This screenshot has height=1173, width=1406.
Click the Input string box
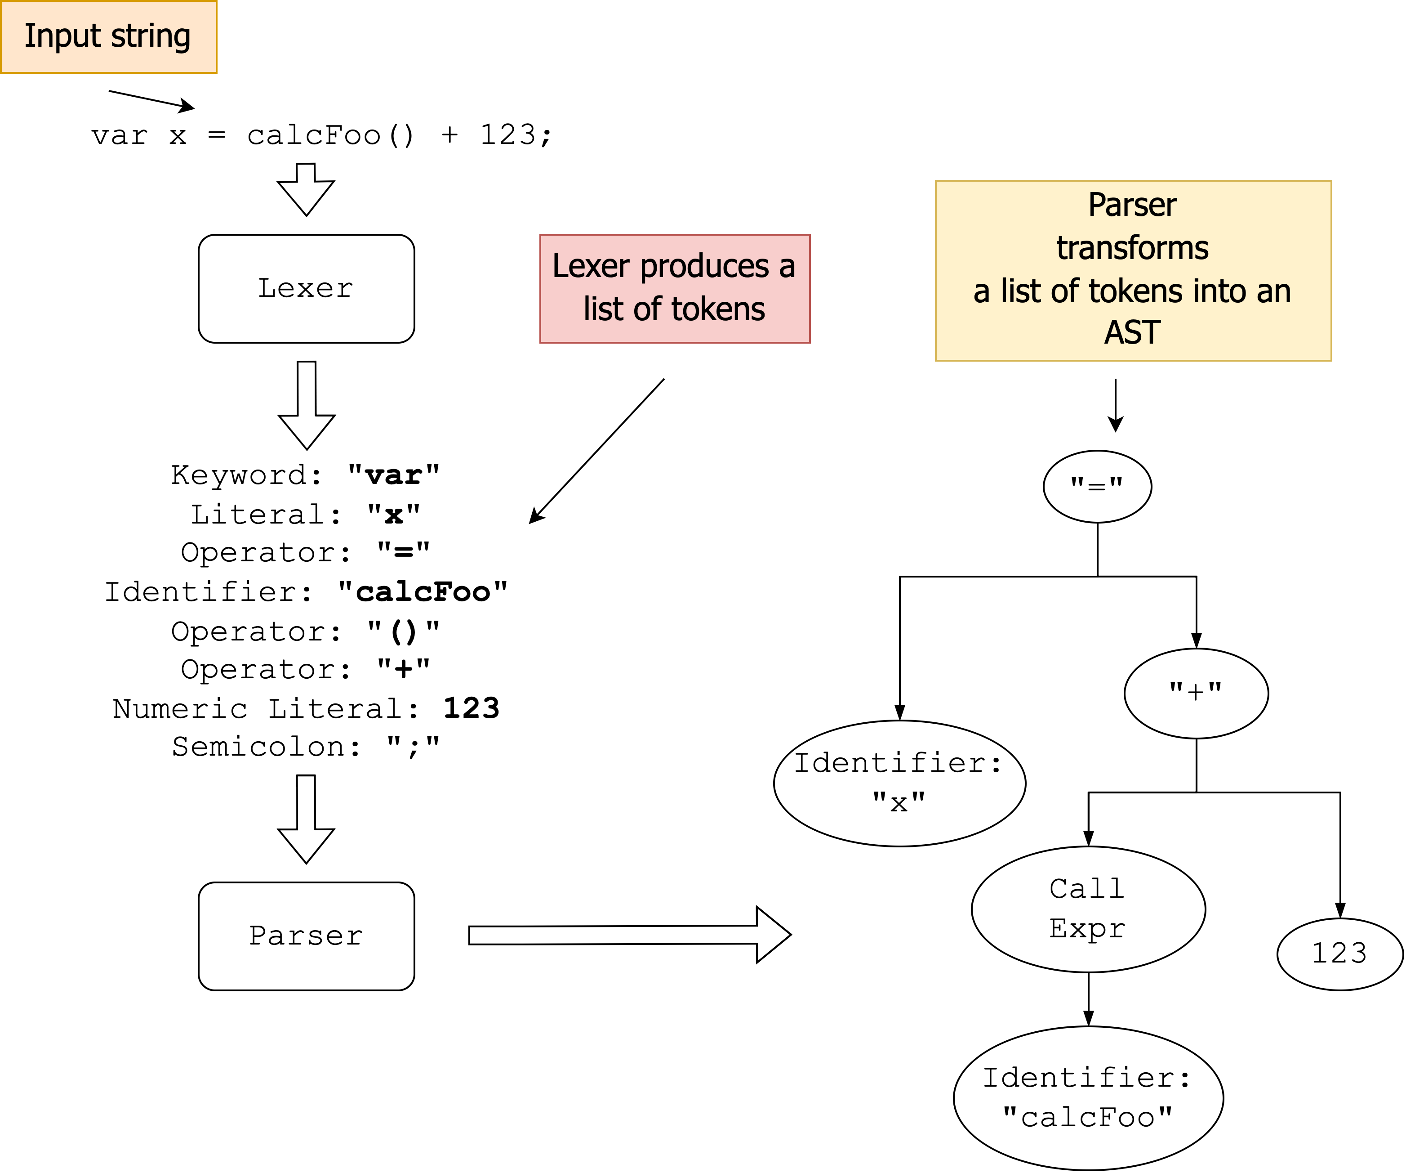click(x=108, y=37)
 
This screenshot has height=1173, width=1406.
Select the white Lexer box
click(x=306, y=289)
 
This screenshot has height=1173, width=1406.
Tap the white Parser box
click(x=306, y=936)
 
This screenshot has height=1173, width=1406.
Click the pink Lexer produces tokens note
click(x=675, y=289)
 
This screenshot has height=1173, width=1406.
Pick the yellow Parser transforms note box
click(x=1133, y=271)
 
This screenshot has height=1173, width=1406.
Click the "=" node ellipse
click(x=1097, y=486)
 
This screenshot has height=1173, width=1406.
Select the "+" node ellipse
click(x=1196, y=694)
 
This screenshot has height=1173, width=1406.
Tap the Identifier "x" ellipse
click(x=899, y=783)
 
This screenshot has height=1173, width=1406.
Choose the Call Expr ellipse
click(x=1088, y=909)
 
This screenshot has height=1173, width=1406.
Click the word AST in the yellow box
click(x=1132, y=333)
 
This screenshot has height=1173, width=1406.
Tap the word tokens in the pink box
click(x=718, y=309)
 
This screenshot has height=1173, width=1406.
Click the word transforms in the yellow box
click(x=1132, y=248)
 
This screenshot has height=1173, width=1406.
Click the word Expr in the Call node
click(x=1087, y=928)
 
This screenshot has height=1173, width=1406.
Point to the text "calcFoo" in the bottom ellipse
click(x=1088, y=1117)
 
